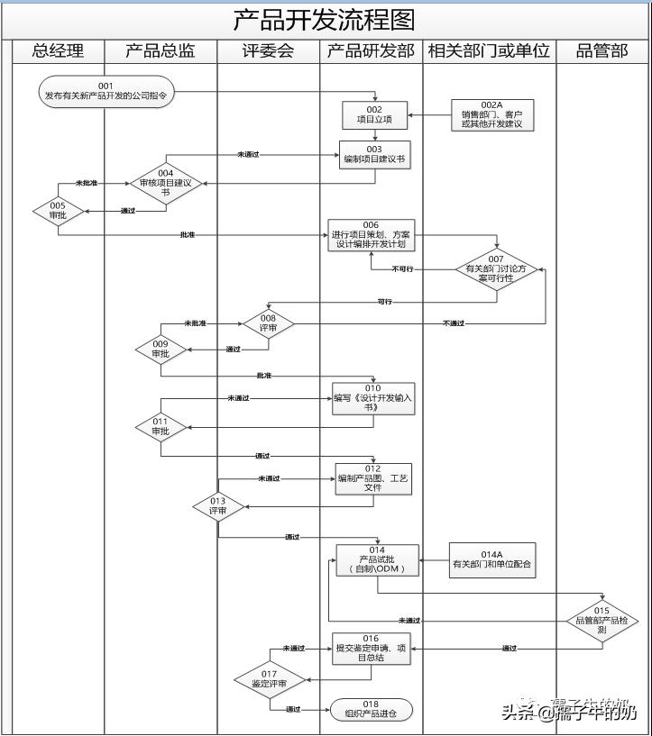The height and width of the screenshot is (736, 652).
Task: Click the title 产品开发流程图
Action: (325, 20)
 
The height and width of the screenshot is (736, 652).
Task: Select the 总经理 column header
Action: (58, 51)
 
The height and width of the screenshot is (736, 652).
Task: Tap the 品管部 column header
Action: (601, 51)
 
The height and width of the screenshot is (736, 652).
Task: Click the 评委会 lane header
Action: (268, 51)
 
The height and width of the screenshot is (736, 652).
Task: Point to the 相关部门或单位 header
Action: (489, 51)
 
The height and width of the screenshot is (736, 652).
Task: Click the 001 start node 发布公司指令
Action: (106, 91)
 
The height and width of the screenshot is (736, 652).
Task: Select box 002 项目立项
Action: (374, 114)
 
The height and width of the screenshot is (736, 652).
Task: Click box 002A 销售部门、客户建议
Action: (492, 115)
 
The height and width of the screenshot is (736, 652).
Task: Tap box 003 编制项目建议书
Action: (374, 154)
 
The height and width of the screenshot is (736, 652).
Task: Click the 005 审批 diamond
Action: (58, 212)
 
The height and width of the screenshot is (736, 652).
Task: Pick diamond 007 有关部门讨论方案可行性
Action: (497, 268)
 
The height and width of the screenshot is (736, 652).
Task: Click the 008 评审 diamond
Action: (268, 323)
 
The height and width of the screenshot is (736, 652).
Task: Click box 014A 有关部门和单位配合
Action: (492, 560)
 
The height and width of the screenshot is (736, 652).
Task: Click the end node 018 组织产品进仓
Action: (372, 709)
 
